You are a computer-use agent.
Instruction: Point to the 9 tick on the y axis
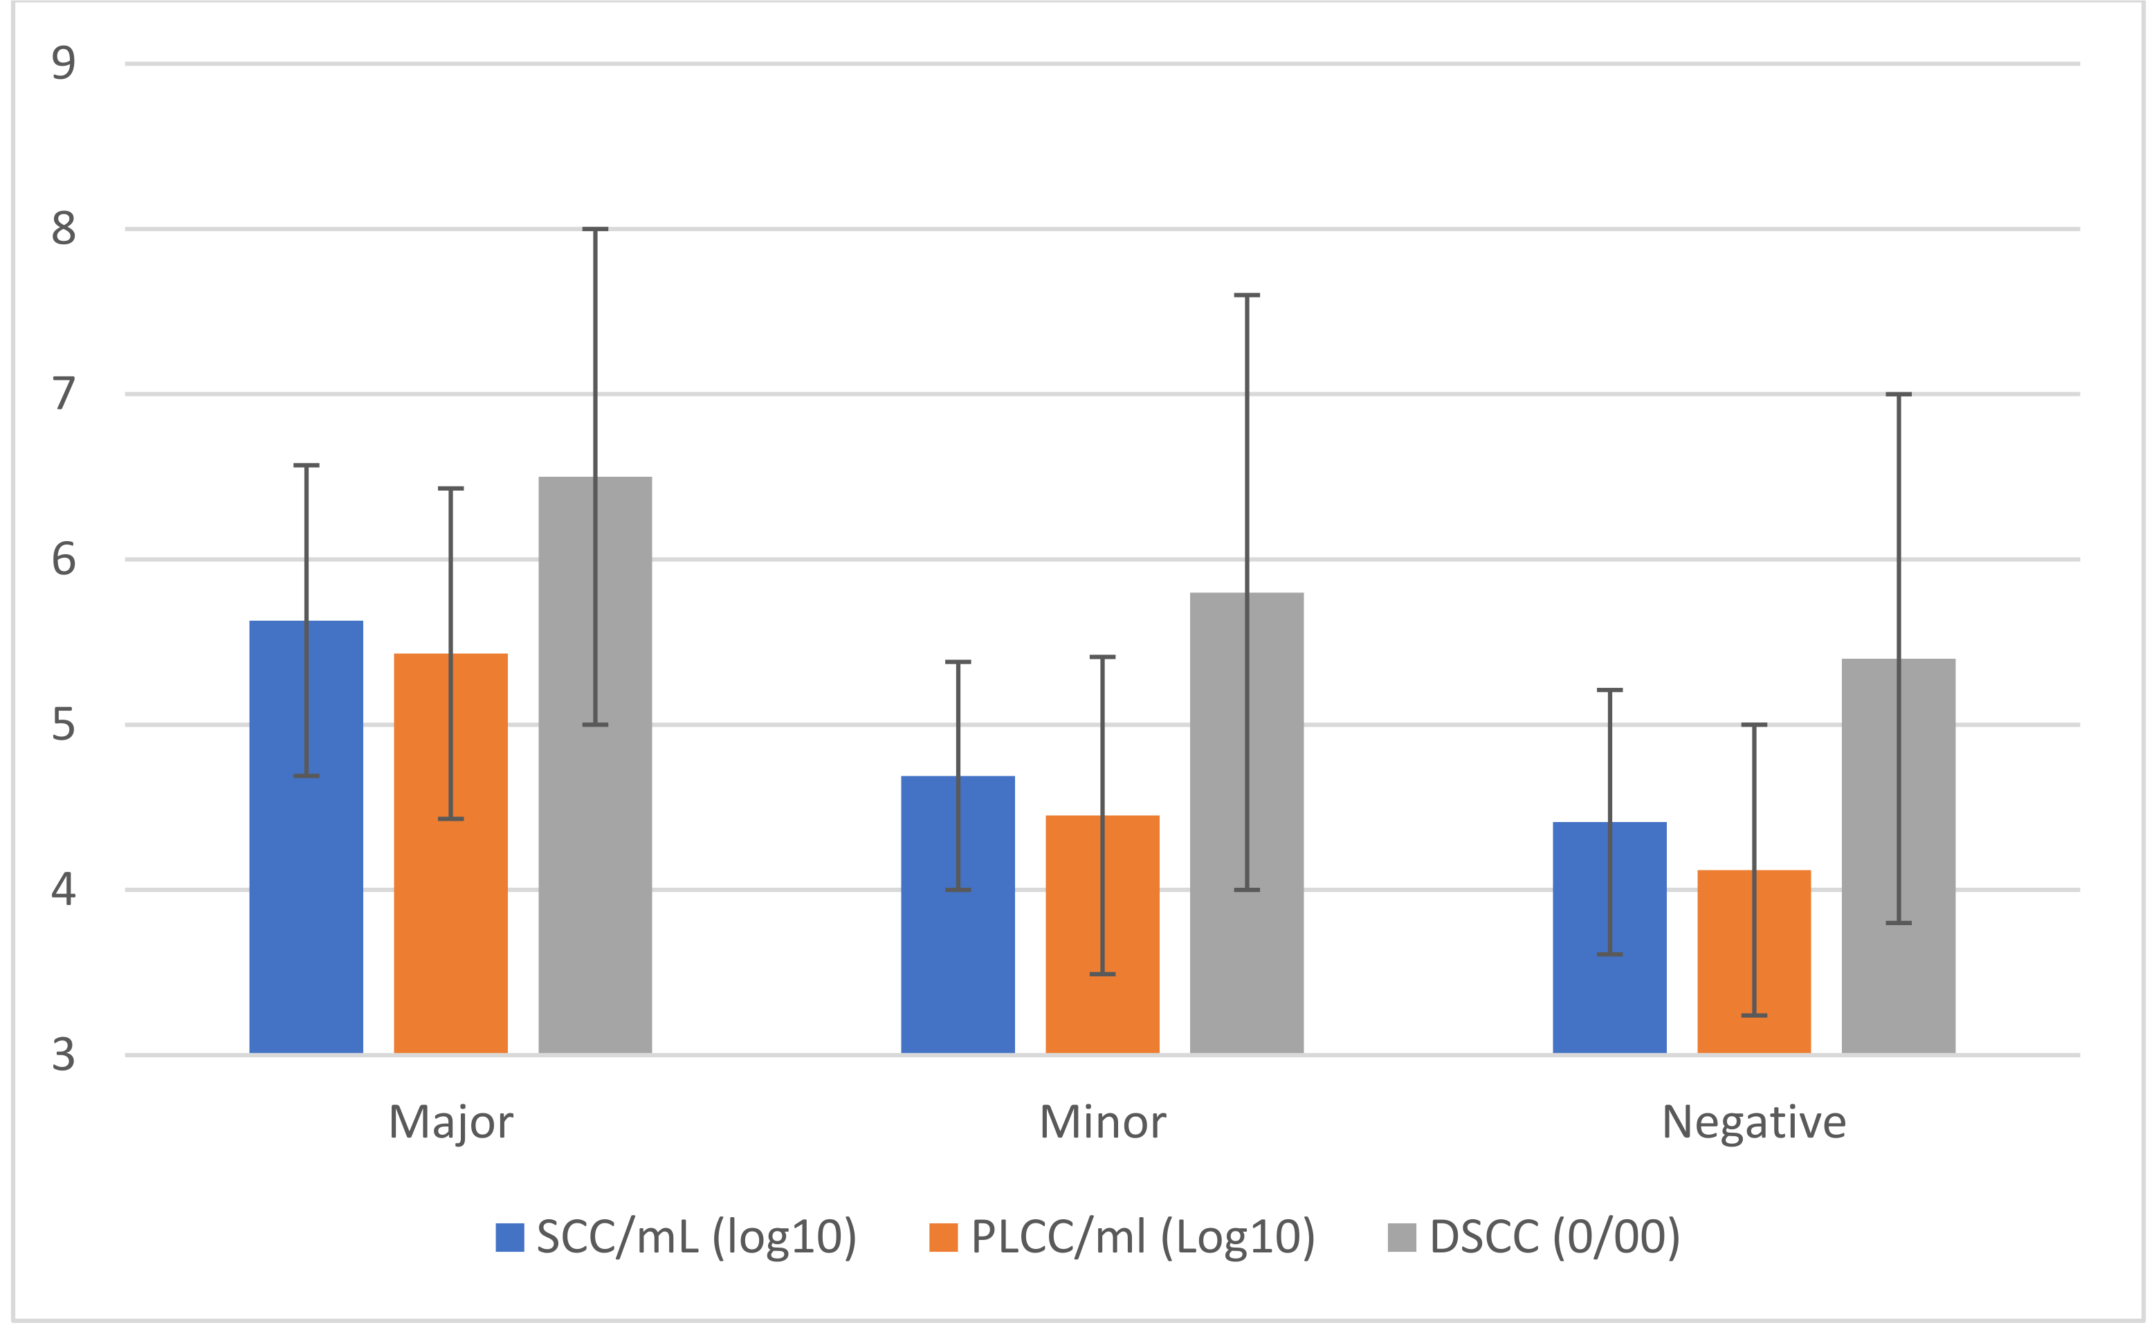point(64,64)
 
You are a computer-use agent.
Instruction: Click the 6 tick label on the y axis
point(64,559)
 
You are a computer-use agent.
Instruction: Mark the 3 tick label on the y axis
point(64,1055)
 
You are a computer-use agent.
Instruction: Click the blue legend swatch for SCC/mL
point(510,1238)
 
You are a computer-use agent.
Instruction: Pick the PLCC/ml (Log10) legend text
point(1142,1238)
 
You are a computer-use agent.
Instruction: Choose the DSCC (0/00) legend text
point(1555,1238)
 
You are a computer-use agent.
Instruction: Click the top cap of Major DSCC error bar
point(594,229)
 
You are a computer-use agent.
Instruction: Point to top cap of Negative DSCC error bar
point(1898,394)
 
